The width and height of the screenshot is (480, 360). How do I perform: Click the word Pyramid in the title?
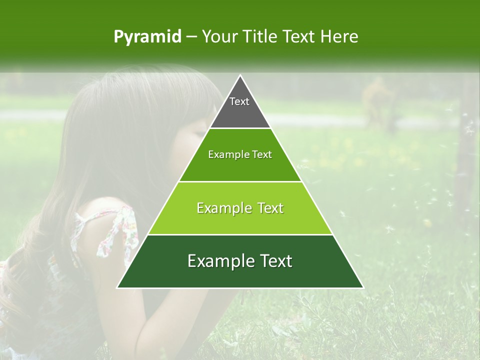(147, 37)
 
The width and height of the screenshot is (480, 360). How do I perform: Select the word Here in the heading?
(339, 36)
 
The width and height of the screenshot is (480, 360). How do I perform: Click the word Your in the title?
(219, 36)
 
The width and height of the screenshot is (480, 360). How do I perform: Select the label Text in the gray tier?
(239, 101)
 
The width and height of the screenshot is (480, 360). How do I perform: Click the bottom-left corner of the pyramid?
(118, 287)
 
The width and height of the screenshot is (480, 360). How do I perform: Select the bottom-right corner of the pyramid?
(362, 287)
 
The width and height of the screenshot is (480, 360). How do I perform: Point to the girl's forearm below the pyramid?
(165, 320)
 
